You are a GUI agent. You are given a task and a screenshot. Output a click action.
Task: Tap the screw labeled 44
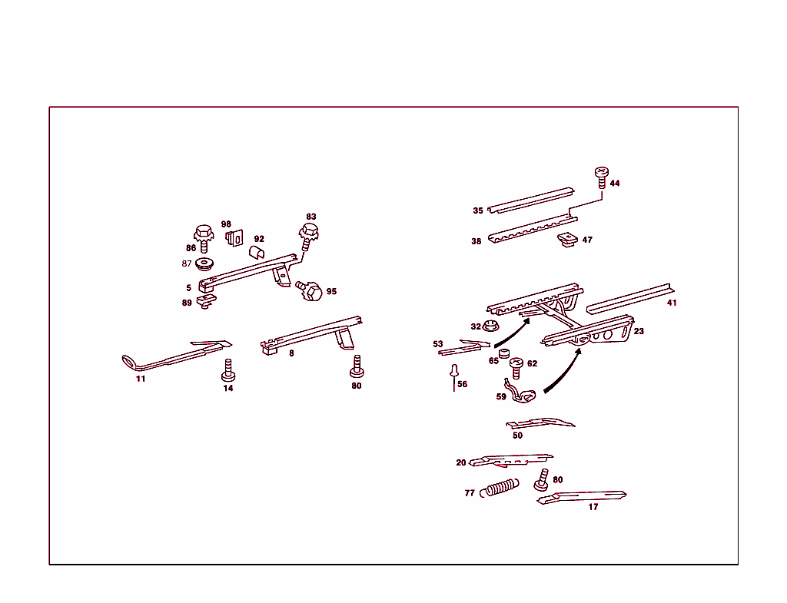(601, 178)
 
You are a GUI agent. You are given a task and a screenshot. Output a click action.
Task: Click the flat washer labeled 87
(204, 263)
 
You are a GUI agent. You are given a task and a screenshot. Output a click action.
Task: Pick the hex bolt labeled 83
(308, 234)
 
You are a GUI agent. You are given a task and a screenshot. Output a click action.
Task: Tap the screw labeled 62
(516, 367)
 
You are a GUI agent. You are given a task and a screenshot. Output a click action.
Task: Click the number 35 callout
(478, 210)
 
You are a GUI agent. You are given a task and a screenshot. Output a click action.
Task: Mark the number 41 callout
(672, 303)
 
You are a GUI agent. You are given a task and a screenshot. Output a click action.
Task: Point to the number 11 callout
(141, 379)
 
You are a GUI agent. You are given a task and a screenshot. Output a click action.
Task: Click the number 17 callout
(593, 507)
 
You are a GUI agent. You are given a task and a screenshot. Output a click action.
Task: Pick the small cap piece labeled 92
(257, 251)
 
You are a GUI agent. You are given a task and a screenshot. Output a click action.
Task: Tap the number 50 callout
(517, 436)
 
